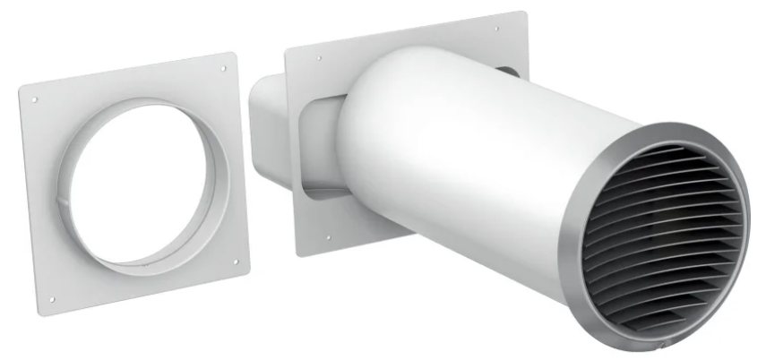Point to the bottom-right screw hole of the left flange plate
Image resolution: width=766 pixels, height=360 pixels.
(236, 263)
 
